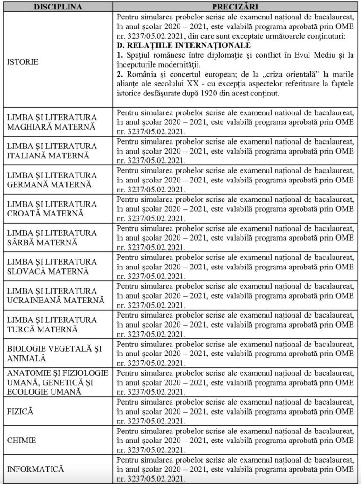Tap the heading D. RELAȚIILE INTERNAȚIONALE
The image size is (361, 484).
pyautogui.click(x=184, y=45)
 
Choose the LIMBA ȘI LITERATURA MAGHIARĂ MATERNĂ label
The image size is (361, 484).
pyautogui.click(x=52, y=122)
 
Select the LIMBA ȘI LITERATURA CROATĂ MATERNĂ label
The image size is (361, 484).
pyautogui.click(x=52, y=208)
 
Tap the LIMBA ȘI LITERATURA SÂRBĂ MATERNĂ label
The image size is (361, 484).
pyautogui.click(x=52, y=237)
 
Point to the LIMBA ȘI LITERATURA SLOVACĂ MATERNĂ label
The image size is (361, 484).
pyautogui.click(x=52, y=267)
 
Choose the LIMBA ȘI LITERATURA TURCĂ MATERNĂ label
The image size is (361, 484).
pyautogui.click(x=52, y=324)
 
